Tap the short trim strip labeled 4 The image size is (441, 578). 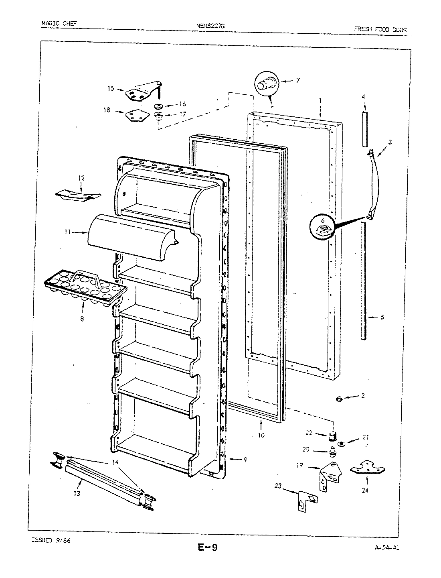point(364,129)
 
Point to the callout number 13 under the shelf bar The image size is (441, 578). point(77,493)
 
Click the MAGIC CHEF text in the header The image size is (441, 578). point(59,23)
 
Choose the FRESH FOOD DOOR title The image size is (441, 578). point(380,29)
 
